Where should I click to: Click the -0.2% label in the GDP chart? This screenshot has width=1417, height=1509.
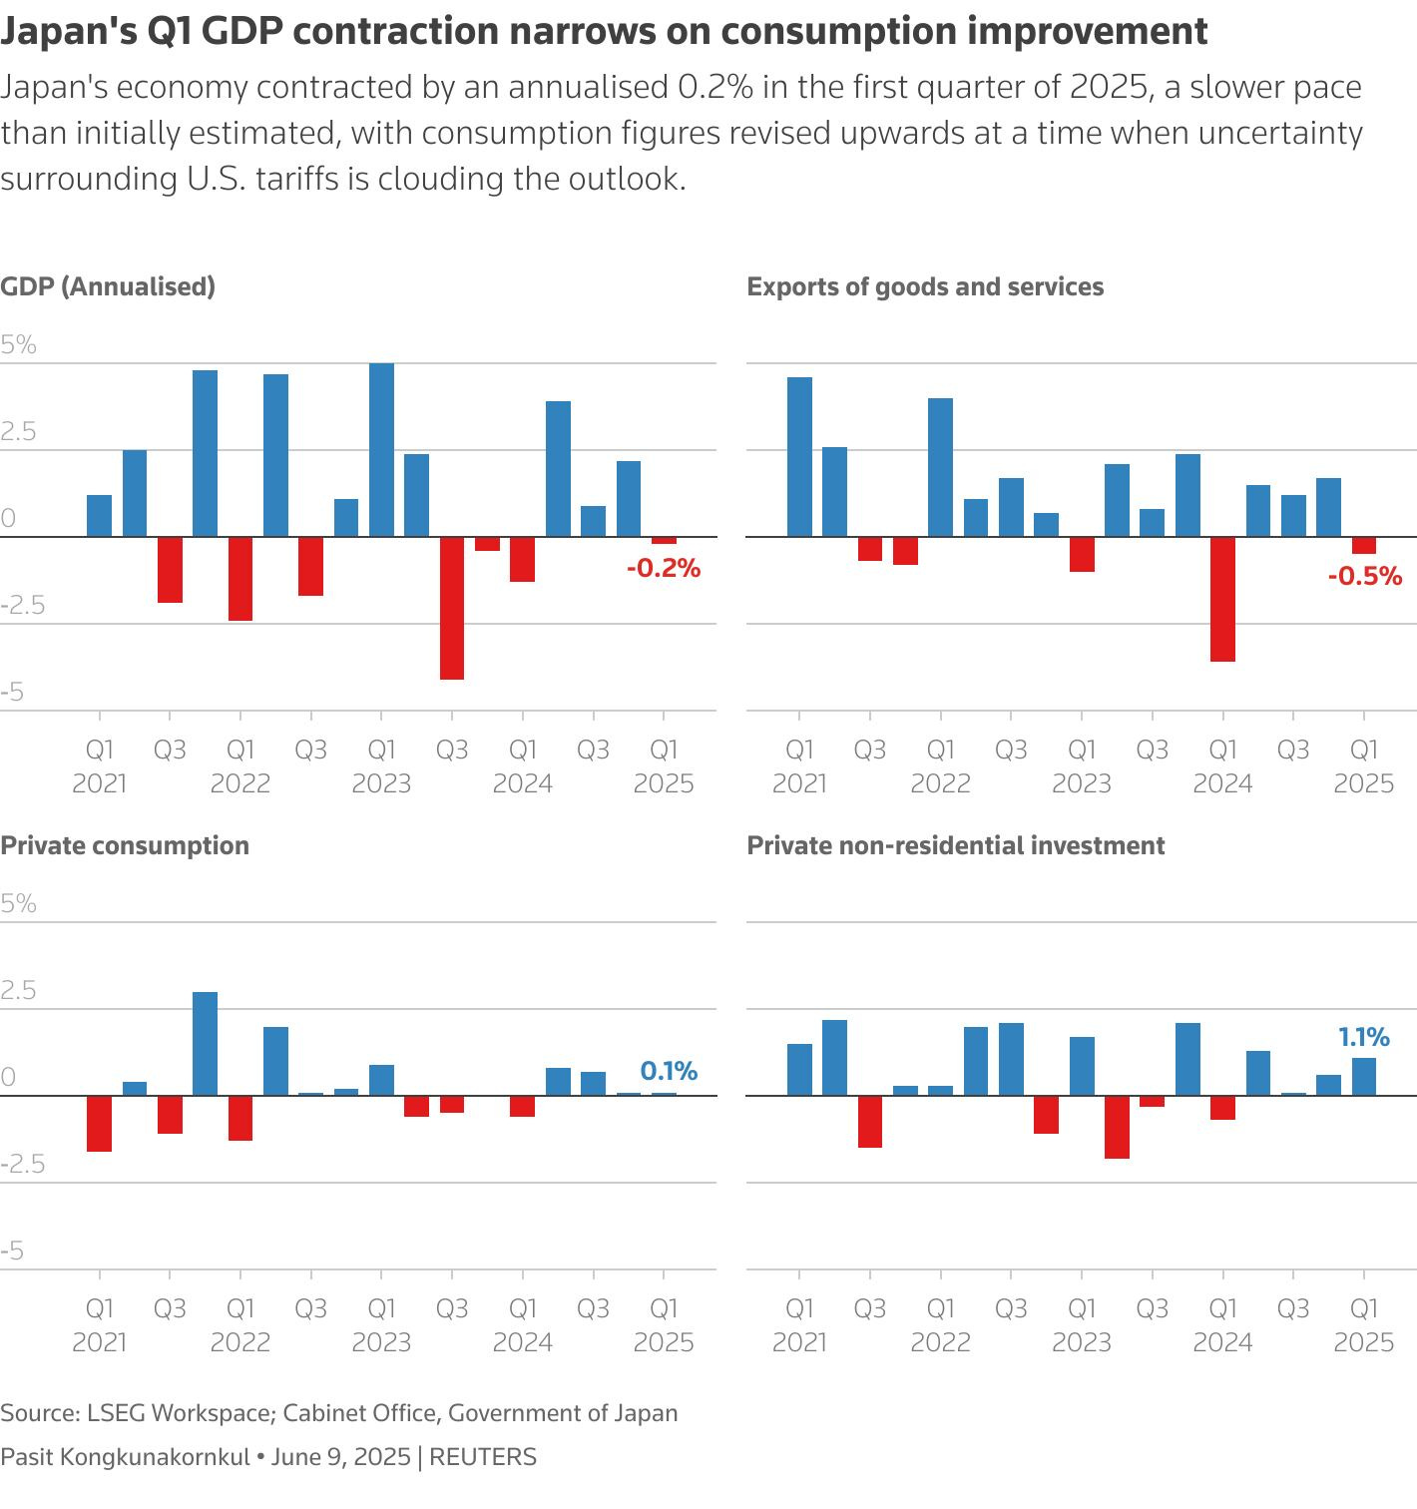(x=664, y=569)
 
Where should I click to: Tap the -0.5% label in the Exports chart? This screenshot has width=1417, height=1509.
(x=1364, y=576)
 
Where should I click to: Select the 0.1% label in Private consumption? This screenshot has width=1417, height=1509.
(x=669, y=1071)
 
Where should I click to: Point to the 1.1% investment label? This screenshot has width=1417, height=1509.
(x=1364, y=1037)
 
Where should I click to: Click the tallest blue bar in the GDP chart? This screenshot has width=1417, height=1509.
(x=381, y=450)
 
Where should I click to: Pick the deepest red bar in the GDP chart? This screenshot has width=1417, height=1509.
(x=452, y=608)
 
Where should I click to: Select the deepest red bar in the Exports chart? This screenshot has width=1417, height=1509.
(x=1222, y=599)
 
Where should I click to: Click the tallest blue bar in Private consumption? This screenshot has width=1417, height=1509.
(x=205, y=1044)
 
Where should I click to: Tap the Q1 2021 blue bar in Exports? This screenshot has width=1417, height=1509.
(x=799, y=457)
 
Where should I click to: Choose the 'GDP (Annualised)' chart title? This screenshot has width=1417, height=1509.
(x=108, y=286)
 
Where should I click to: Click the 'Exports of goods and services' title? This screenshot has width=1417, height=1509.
(x=925, y=286)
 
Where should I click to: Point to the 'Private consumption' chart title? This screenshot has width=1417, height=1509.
(x=125, y=845)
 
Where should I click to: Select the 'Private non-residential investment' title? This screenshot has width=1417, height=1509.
(x=955, y=845)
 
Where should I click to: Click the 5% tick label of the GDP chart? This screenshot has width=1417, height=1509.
(x=18, y=345)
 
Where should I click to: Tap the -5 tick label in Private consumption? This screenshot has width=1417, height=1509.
(x=12, y=1251)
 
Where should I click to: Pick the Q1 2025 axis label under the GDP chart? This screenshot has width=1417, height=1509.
(x=664, y=765)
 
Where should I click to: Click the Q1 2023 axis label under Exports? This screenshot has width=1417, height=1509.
(x=1082, y=765)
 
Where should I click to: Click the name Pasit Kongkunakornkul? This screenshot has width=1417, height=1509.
(x=125, y=1457)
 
